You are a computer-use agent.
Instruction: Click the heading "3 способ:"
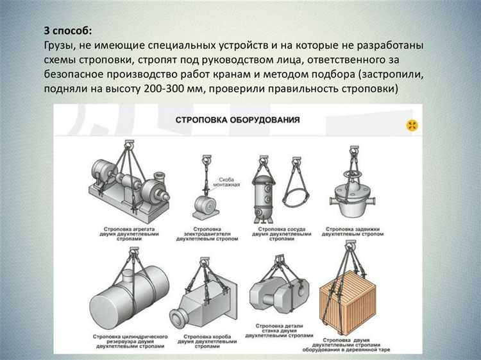click(x=68, y=31)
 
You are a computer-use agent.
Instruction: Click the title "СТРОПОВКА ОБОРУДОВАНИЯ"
click(x=237, y=120)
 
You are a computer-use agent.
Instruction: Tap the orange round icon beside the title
click(x=412, y=125)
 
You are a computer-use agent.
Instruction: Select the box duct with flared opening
click(x=205, y=301)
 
